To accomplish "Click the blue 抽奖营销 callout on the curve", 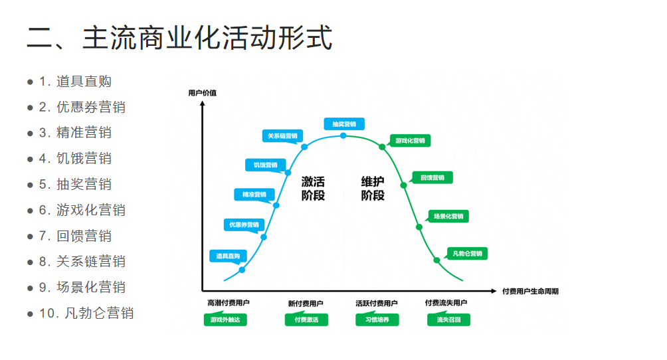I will point(343,124).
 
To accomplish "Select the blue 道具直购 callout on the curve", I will point(228,256).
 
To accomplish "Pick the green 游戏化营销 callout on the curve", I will point(410,141).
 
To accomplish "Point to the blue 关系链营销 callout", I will point(282,135).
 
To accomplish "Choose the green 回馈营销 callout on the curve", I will point(432,177).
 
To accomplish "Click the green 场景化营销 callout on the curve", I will point(448,216).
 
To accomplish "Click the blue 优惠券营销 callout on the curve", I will point(244,225).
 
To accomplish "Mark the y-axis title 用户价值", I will point(202,92).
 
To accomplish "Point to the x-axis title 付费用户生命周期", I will point(530,291).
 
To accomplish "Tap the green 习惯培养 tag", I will point(377,319).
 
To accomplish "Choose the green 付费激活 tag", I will point(306,319).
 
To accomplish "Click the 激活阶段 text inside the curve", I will point(313,188).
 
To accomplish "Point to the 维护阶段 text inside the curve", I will point(373,188).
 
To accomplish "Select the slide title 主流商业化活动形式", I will point(179,39).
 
